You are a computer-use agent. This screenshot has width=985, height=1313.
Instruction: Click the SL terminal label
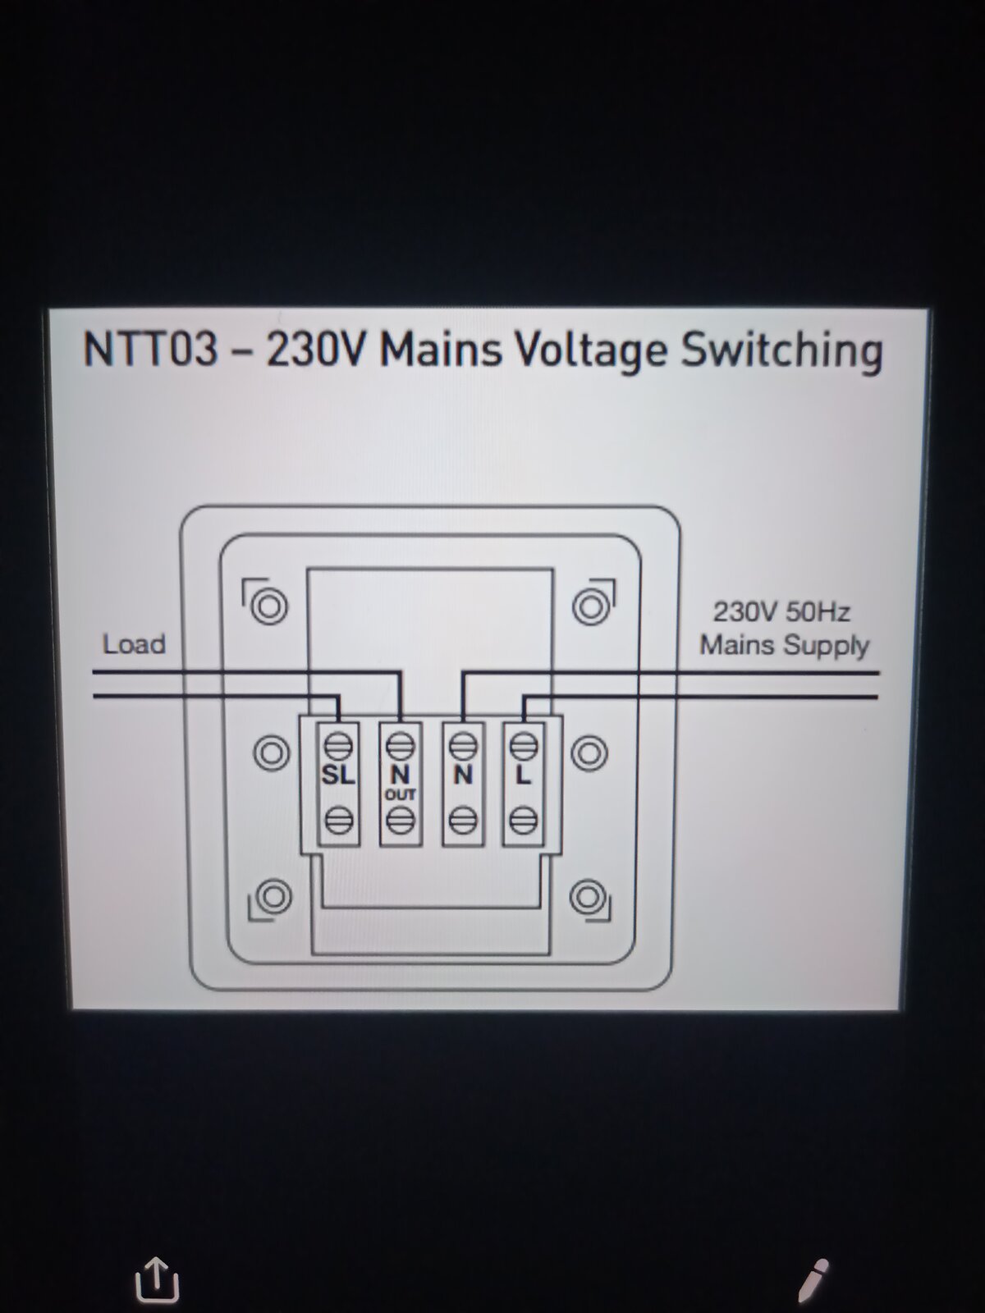click(338, 775)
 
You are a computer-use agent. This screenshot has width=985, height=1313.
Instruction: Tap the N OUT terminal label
click(400, 782)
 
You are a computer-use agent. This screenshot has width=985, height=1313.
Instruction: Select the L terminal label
click(524, 775)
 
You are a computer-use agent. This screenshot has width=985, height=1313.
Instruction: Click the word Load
click(134, 644)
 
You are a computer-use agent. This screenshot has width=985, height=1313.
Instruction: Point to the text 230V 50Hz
click(781, 611)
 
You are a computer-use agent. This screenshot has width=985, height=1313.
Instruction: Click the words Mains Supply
click(785, 646)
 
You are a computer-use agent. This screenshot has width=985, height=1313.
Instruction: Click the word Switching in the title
click(782, 351)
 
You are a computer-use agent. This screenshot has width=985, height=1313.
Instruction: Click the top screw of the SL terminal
click(338, 746)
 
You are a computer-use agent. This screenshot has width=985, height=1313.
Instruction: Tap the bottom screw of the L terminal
click(524, 821)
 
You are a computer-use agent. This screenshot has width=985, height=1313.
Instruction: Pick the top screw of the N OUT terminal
click(400, 746)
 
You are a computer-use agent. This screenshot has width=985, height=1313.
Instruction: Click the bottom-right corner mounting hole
click(587, 896)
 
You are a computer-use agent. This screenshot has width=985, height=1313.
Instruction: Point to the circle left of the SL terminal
click(273, 753)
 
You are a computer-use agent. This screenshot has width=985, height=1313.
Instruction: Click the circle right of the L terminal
click(589, 753)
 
